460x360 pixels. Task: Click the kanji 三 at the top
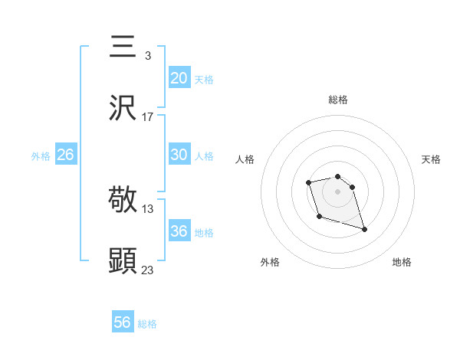pyautogui.click(x=123, y=47)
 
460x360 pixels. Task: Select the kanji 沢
pyautogui.click(x=123, y=109)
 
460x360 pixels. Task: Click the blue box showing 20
pyautogui.click(x=179, y=77)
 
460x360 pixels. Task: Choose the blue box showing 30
pyautogui.click(x=179, y=154)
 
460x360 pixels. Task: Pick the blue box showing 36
pyautogui.click(x=179, y=231)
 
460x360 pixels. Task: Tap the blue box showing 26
pyautogui.click(x=65, y=155)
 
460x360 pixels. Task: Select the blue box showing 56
pyautogui.click(x=122, y=322)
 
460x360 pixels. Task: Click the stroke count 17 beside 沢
pyautogui.click(x=148, y=117)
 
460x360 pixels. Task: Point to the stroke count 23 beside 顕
pyautogui.click(x=148, y=270)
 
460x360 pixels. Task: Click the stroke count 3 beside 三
pyautogui.click(x=147, y=56)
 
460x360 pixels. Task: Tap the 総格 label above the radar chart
pyautogui.click(x=338, y=100)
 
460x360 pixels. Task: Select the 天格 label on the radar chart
pyautogui.click(x=431, y=159)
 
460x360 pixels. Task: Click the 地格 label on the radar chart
pyautogui.click(x=402, y=263)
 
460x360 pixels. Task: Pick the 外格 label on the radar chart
pyautogui.click(x=270, y=263)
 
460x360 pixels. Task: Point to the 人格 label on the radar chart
pyautogui.click(x=245, y=159)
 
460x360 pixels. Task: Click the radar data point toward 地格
pyautogui.click(x=364, y=229)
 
